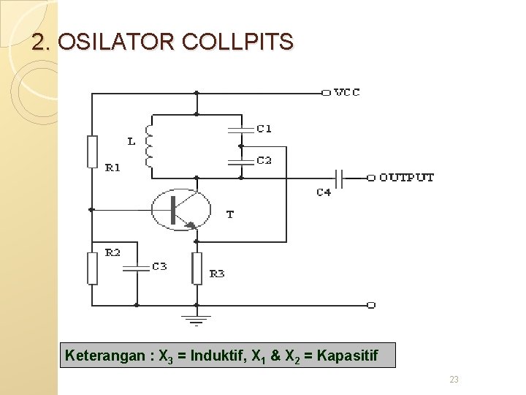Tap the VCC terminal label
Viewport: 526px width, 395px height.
click(347, 93)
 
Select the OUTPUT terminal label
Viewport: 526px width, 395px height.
click(406, 177)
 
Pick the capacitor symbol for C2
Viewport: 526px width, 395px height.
click(240, 161)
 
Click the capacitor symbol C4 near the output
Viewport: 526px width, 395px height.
click(340, 177)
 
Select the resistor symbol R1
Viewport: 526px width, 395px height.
click(92, 151)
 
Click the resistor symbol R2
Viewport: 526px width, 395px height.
click(92, 268)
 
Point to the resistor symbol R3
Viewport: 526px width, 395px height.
click(197, 268)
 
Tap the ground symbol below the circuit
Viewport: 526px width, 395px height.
click(197, 319)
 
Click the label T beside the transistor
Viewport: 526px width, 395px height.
click(230, 214)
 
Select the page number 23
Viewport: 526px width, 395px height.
click(454, 379)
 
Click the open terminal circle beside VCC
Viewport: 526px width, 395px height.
click(325, 93)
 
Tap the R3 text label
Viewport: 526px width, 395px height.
click(217, 274)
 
